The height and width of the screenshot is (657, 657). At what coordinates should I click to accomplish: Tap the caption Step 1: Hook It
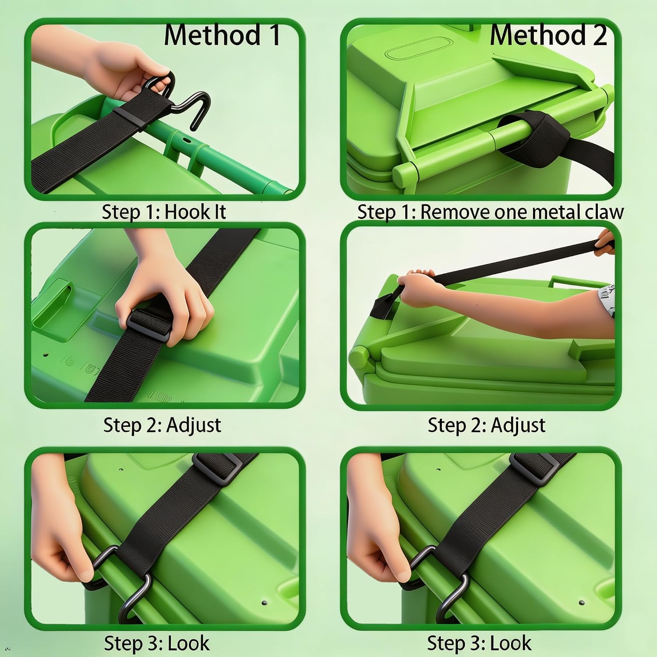tap(164, 212)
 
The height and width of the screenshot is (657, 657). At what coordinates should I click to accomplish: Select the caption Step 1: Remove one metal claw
tap(491, 212)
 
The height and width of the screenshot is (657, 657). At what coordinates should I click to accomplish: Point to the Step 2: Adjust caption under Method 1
tap(162, 425)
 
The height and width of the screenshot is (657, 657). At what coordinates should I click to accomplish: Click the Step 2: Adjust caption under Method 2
tap(487, 425)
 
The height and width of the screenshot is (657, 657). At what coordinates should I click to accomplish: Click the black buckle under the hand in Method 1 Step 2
tap(148, 323)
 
